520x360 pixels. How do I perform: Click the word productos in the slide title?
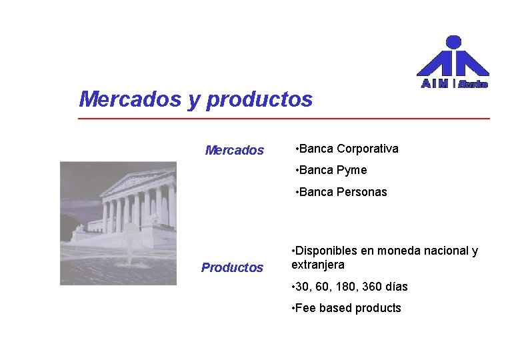click(259, 100)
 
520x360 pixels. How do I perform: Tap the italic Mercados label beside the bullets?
click(234, 151)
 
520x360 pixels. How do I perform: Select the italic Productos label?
click(232, 268)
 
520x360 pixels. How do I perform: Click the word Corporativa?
click(367, 149)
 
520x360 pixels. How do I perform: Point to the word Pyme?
click(351, 171)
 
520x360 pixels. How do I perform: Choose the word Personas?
click(361, 193)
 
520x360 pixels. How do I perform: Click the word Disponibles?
click(326, 251)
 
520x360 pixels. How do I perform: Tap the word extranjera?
click(318, 265)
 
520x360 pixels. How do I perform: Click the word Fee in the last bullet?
click(307, 308)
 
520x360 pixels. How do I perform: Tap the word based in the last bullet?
click(335, 308)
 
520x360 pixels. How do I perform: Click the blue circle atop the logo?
click(453, 42)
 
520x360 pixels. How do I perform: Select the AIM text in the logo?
click(435, 84)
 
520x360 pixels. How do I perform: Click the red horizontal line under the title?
click(283, 119)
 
